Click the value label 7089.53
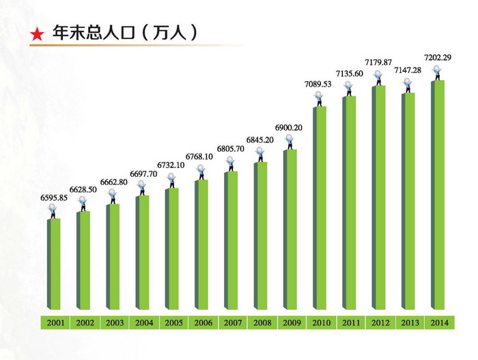tap(318, 84)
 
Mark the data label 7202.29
tap(437, 58)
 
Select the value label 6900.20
tap(289, 128)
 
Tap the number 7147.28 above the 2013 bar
tap(408, 70)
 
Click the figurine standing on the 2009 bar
tap(290, 142)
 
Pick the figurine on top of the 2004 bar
tap(143, 188)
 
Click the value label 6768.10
tap(200, 154)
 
